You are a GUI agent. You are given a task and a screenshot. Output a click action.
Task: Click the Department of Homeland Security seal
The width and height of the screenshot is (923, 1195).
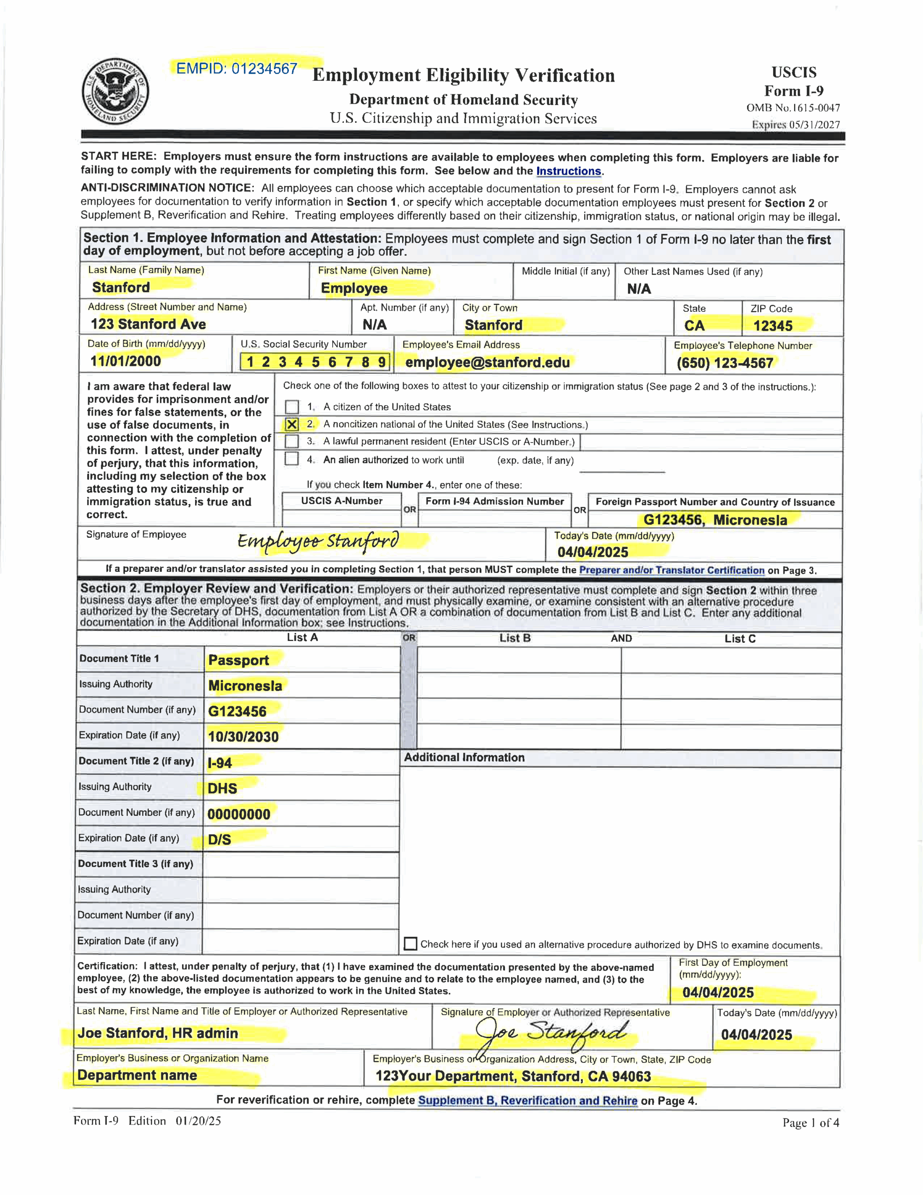pos(115,91)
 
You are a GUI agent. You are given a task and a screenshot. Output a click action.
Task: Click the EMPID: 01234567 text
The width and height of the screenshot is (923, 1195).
pos(237,69)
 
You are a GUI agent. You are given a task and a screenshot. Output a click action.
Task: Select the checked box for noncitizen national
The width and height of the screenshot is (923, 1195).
pos(292,425)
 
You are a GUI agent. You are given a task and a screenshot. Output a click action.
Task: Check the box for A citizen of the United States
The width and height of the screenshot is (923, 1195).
pos(292,407)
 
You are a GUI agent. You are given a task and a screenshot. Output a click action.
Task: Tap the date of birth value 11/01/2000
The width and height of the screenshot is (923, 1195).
pos(126,361)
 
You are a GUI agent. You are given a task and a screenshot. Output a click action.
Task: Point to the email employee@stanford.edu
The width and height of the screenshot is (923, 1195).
pos(487,362)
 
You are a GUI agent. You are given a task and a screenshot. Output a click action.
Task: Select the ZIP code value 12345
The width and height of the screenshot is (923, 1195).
pos(773,326)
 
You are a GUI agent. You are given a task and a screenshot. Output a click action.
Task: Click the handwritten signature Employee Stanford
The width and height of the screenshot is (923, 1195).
pos(318,541)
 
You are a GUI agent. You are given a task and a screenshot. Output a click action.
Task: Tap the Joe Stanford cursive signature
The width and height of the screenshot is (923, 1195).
pos(550,1033)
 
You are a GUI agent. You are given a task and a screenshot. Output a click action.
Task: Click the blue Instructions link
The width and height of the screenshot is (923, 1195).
pos(568,171)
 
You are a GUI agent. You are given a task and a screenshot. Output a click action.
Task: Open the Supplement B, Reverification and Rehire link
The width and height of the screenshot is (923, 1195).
pos(527,1100)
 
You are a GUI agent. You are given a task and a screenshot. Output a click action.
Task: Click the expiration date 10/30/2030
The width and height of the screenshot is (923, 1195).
pos(243,737)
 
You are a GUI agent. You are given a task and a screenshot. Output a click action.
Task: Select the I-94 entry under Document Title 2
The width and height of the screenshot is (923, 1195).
pos(220,763)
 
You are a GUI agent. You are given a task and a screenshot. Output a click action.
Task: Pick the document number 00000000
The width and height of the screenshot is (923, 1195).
pos(238,814)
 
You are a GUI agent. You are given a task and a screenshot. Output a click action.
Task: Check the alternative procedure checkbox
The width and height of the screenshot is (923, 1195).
pos(410,944)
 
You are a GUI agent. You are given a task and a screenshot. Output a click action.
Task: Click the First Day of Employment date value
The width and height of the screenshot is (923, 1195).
pos(717,992)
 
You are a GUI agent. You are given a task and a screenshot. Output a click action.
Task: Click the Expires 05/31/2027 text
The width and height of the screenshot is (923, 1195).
pos(795,125)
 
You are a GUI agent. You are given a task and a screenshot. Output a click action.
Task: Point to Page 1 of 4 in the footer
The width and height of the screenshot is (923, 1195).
pos(810,1122)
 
